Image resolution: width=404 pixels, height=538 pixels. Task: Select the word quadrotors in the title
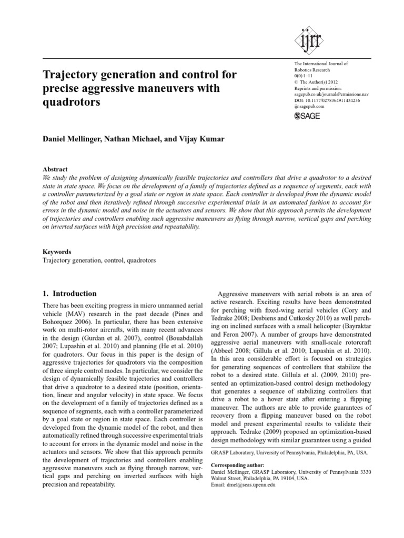click(71, 102)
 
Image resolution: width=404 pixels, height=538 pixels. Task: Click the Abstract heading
click(55, 170)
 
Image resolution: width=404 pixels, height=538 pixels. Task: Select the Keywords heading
click(56, 252)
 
